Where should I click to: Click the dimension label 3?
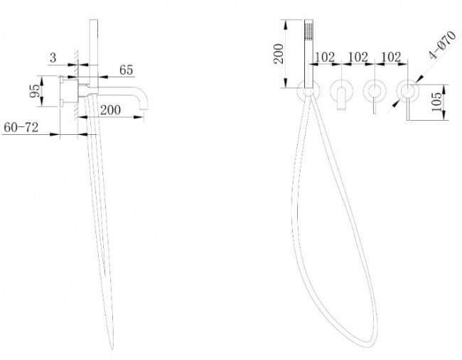53,58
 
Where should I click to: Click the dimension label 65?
126,70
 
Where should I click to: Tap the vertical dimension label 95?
35,91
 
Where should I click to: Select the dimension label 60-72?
21,128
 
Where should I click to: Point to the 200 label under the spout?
110,110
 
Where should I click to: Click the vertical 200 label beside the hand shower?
279,53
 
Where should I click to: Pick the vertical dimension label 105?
436,102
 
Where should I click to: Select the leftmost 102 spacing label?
325,57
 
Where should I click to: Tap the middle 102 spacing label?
358,57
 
